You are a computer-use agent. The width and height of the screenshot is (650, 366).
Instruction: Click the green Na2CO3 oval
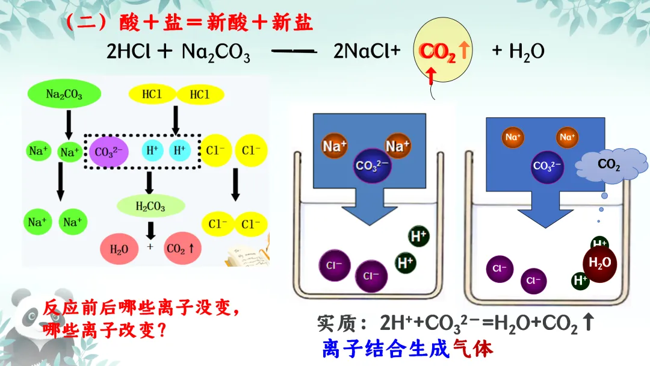click(64, 95)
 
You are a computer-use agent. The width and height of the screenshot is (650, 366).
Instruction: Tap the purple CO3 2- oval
click(108, 152)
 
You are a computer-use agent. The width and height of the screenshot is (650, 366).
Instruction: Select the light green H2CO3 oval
click(150, 206)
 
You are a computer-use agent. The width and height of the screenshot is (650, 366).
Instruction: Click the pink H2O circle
click(119, 248)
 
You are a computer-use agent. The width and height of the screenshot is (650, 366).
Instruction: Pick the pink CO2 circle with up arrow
click(184, 248)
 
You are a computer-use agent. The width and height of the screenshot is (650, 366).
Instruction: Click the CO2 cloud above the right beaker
click(608, 164)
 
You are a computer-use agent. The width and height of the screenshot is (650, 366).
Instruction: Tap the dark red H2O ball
click(599, 263)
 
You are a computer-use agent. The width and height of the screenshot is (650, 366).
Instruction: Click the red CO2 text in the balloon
click(438, 52)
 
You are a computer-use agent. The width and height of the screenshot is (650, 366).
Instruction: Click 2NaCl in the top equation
click(367, 52)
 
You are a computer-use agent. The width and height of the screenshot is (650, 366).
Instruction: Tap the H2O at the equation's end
click(527, 52)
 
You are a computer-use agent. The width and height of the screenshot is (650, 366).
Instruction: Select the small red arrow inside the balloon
click(431, 75)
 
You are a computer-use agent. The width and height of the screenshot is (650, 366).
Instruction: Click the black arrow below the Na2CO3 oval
click(69, 124)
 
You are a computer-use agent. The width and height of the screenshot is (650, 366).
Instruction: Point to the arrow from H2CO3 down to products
click(150, 229)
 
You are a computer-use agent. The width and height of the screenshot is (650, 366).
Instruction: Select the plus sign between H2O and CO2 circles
click(150, 247)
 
